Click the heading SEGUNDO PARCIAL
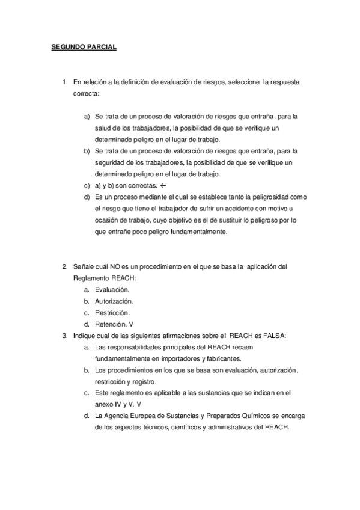pyautogui.click(x=84, y=46)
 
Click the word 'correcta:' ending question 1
pyautogui.click(x=87, y=94)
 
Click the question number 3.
pyautogui.click(x=64, y=336)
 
